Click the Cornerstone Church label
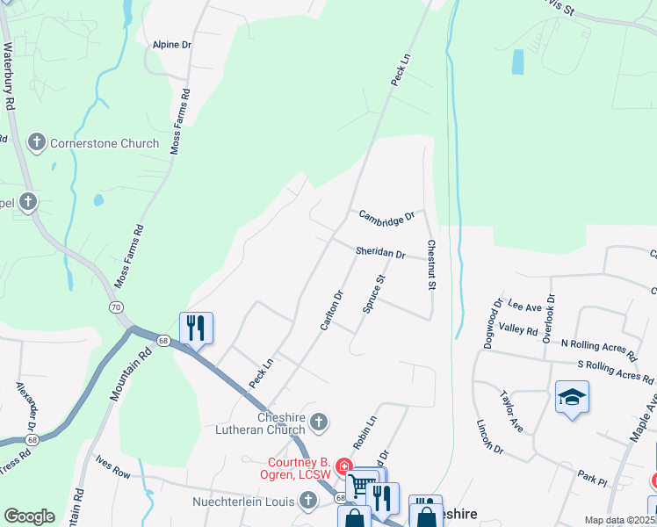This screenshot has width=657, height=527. (105, 143)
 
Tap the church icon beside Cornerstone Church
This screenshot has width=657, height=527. (37, 141)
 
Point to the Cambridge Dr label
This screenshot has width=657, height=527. (386, 215)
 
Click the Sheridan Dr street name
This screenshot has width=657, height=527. (380, 253)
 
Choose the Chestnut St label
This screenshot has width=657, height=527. (431, 264)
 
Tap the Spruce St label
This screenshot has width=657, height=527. (374, 294)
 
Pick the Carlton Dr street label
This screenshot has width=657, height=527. (331, 310)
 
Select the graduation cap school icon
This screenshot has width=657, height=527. (572, 397)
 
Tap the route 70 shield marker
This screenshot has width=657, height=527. (116, 307)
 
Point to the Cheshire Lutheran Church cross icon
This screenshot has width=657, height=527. (320, 422)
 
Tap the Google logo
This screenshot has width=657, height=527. (29, 516)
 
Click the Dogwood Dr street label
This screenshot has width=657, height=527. (493, 323)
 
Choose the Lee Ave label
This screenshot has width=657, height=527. (524, 306)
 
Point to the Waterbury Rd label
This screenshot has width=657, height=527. (10, 78)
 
